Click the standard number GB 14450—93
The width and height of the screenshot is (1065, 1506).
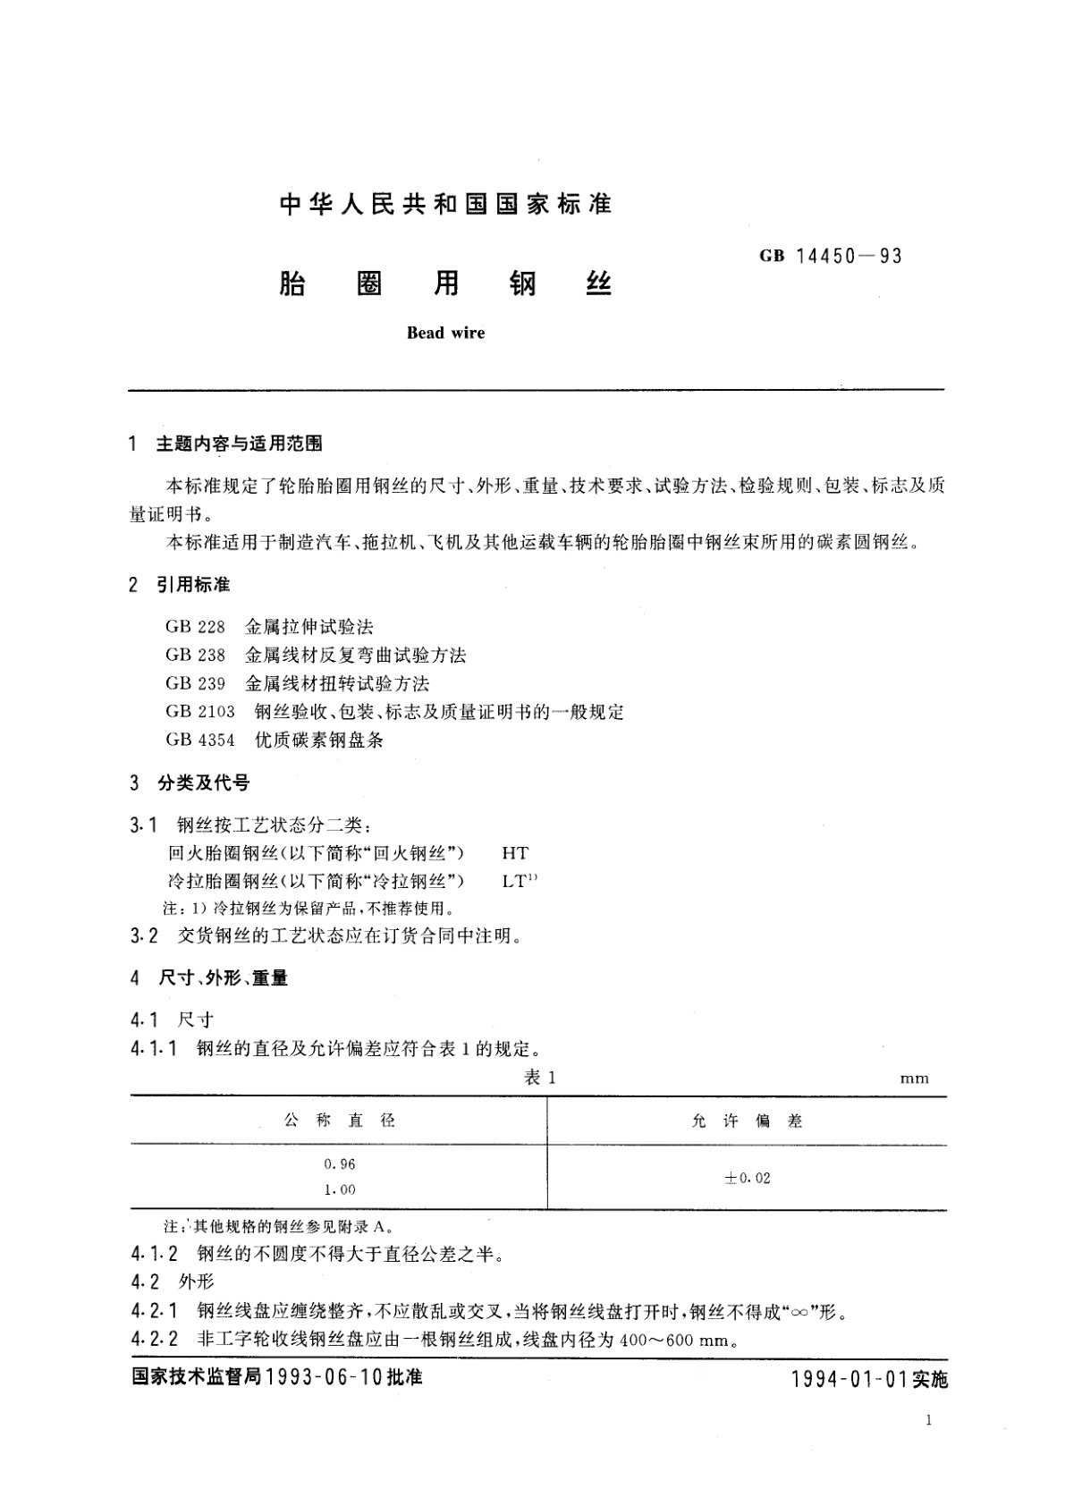[831, 257]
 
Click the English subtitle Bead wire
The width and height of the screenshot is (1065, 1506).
[445, 333]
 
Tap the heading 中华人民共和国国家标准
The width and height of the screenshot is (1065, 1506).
[445, 205]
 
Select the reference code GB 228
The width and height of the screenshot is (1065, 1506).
[195, 627]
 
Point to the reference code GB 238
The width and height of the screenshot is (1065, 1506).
[195, 656]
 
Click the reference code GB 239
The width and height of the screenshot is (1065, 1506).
[195, 684]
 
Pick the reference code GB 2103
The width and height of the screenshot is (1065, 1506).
[199, 712]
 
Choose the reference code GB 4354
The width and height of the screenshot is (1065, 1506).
[199, 740]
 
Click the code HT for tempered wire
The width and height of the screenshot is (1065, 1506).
[515, 853]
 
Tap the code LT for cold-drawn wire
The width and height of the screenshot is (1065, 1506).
[515, 881]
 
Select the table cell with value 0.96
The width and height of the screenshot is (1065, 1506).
[340, 1164]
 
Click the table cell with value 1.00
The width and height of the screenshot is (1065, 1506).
[340, 1189]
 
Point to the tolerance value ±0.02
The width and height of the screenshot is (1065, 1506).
[747, 1178]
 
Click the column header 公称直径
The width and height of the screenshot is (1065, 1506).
[340, 1121]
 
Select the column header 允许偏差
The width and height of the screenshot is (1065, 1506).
[747, 1121]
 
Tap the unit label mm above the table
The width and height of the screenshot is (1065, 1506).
[914, 1079]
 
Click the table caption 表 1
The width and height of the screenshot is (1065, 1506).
[539, 1078]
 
